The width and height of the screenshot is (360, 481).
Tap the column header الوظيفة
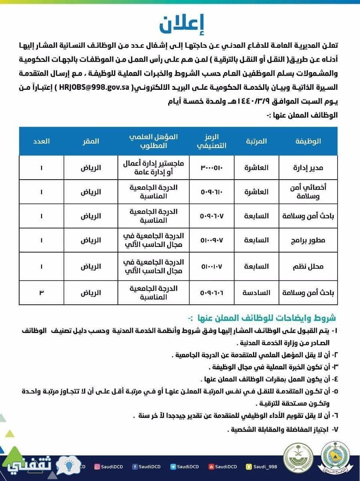click(x=308, y=141)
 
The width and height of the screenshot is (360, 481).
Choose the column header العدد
click(x=41, y=141)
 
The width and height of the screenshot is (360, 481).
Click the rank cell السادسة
click(x=256, y=293)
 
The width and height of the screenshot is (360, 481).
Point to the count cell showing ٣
click(x=41, y=293)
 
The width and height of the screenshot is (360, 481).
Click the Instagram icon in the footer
click(x=97, y=467)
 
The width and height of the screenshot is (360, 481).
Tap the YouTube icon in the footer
click(x=211, y=467)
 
